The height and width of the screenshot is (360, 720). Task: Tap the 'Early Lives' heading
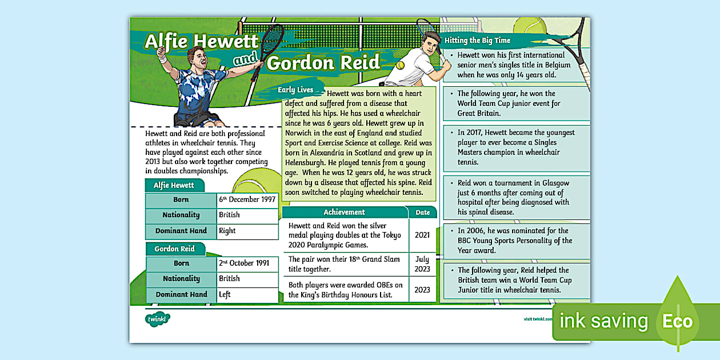(295, 90)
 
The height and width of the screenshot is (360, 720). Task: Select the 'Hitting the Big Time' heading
(477, 41)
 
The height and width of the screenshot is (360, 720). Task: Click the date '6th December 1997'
(247, 199)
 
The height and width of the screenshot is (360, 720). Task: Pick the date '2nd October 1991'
(244, 263)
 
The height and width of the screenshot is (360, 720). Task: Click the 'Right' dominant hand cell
(227, 231)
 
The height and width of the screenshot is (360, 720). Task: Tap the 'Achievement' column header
(344, 212)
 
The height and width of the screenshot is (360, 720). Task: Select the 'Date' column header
(422, 212)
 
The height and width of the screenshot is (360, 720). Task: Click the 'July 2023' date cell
(422, 264)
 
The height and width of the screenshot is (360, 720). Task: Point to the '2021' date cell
(422, 235)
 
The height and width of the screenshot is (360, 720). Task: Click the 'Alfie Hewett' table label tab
(174, 185)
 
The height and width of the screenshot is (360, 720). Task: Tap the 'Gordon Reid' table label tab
(174, 249)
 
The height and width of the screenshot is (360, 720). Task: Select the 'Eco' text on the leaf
(677, 321)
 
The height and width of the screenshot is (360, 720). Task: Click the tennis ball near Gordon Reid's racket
(401, 66)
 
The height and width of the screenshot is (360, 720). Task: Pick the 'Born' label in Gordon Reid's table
(181, 263)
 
